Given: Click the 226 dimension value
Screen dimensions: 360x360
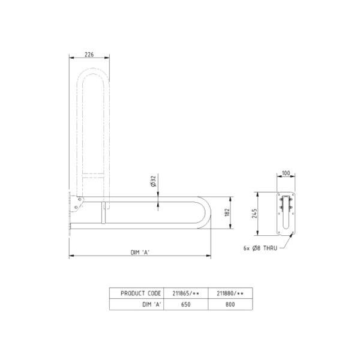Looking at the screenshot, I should (x=89, y=55).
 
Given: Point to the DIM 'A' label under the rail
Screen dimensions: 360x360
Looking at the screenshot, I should (x=140, y=253).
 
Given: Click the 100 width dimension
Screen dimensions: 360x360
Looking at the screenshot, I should (x=286, y=173).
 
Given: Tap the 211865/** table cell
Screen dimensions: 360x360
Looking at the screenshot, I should (x=186, y=293).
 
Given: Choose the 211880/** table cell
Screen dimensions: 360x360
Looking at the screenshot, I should (x=230, y=293).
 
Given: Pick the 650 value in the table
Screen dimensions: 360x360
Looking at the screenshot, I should (x=186, y=304).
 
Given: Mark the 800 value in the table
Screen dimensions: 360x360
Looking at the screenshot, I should (x=230, y=304).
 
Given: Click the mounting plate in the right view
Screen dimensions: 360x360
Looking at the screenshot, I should (x=286, y=214).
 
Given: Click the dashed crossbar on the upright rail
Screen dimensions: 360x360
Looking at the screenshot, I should (x=95, y=176).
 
